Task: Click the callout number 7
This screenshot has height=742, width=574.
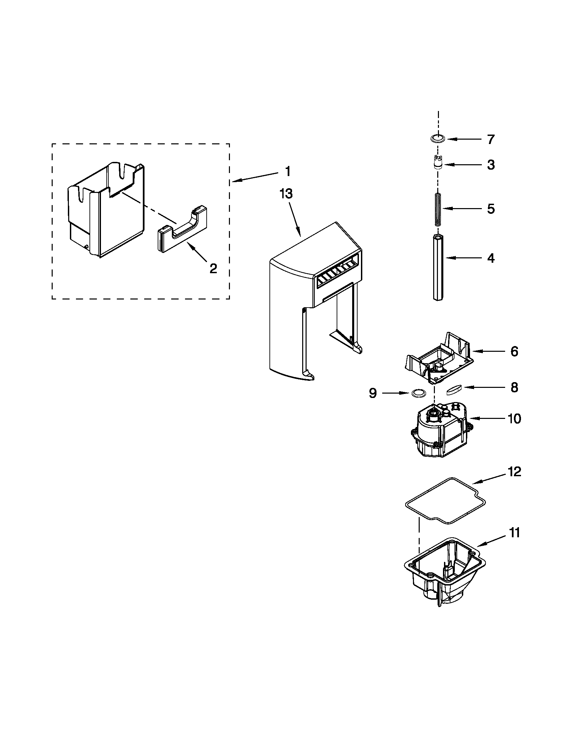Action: pos(490,139)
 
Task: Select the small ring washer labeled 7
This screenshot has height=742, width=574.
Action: pos(438,139)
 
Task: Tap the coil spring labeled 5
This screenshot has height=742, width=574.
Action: pos(438,209)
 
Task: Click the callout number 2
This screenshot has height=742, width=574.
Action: pos(213,269)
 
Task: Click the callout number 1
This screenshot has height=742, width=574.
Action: pos(288,171)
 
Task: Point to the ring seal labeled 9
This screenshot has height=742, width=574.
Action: pos(419,393)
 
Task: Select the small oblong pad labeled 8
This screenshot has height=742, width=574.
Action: pos(455,389)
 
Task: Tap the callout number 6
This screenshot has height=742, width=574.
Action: pos(514,351)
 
